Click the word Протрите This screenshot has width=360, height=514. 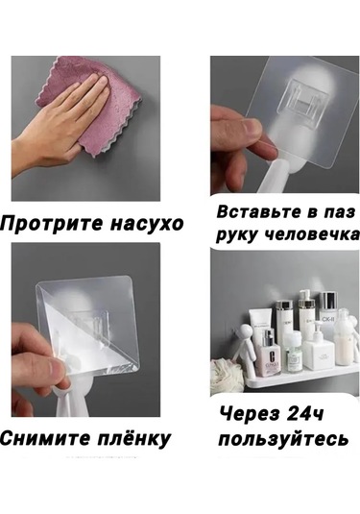pos(49,224)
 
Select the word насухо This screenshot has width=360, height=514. pos(141,224)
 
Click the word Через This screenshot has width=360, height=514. pos(251,416)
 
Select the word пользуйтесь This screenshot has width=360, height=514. pos(284,439)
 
